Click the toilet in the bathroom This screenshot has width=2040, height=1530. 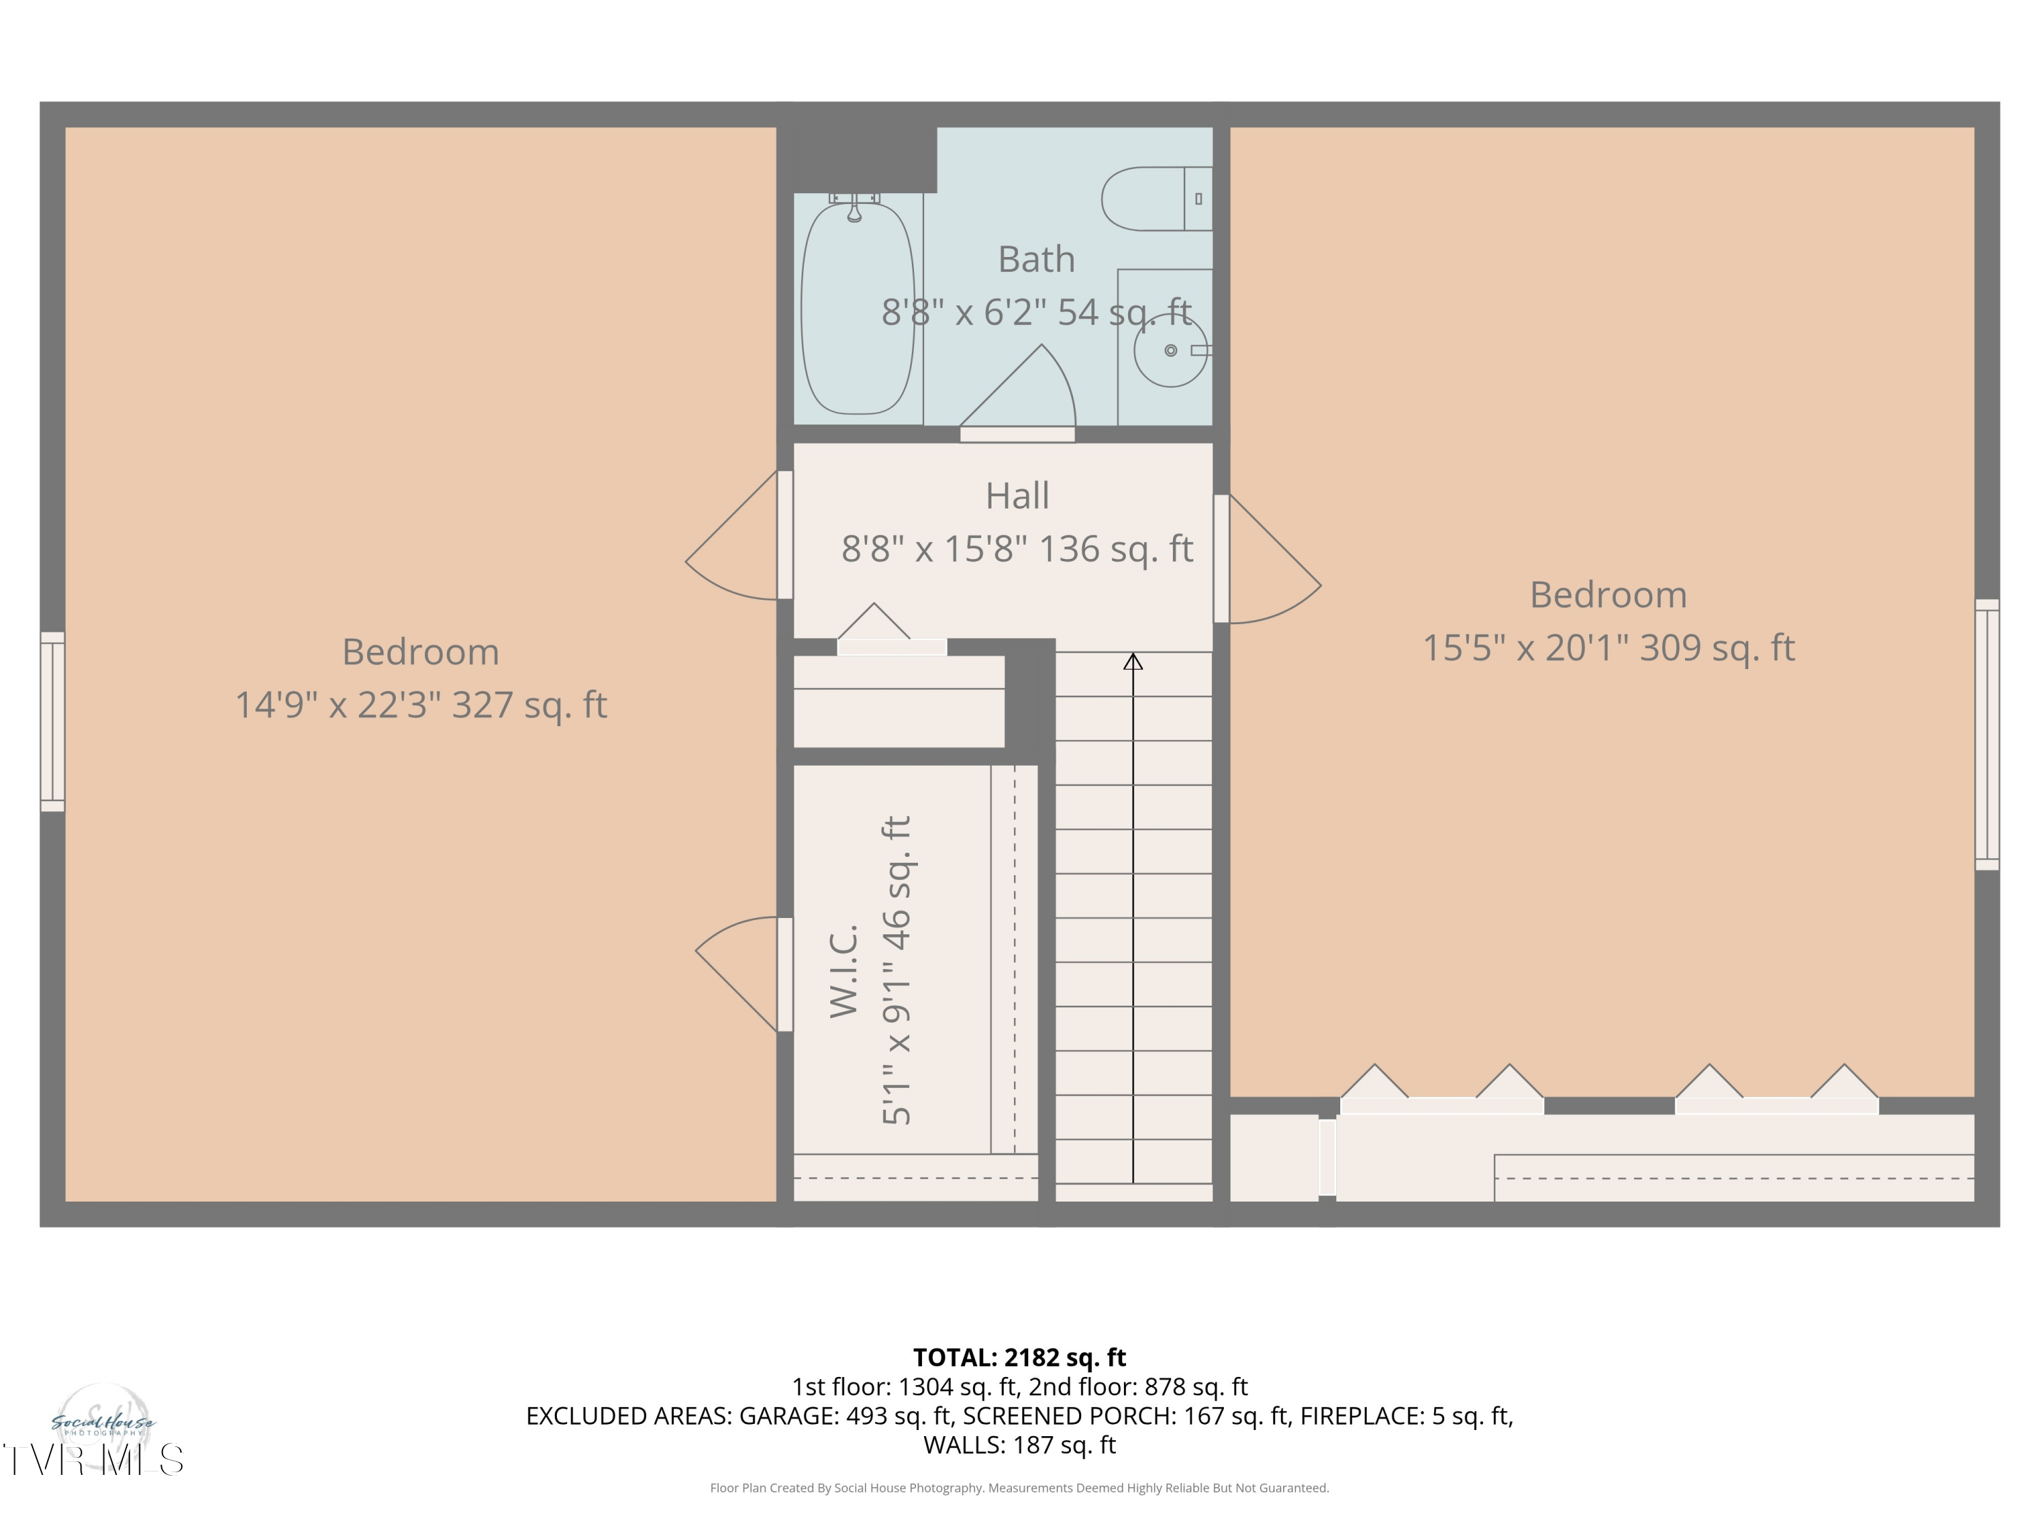coord(1157,199)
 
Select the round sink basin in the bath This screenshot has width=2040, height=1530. coord(1170,350)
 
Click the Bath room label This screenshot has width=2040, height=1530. coord(1036,259)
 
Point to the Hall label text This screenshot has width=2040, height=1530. coord(1017,496)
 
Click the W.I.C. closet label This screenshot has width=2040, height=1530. coord(844,971)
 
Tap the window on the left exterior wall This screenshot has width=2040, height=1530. coord(52,722)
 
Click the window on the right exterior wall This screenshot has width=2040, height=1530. coord(1986,734)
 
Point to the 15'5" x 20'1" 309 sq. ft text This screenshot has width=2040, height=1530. coord(1608,648)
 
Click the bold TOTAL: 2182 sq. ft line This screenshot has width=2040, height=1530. coord(1019,1357)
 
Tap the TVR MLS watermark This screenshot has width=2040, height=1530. coord(92,1460)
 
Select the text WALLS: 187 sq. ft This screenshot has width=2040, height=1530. coord(1019,1445)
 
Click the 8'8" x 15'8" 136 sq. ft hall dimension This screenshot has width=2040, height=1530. coord(1017,549)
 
